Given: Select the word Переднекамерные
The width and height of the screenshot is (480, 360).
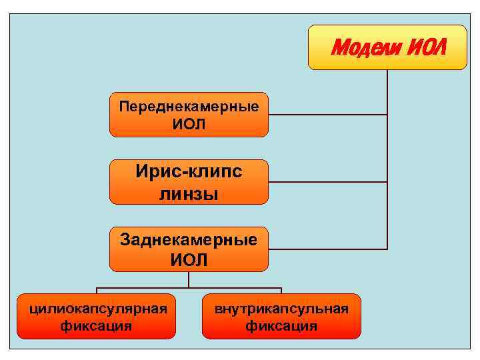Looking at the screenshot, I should [x=189, y=106].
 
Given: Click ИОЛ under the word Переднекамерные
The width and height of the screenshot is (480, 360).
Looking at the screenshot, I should [x=189, y=124].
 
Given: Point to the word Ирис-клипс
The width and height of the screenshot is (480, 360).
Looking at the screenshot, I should [x=189, y=172].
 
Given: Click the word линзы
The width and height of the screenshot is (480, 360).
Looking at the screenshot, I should [x=189, y=193].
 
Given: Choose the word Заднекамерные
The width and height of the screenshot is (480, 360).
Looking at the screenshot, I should [x=189, y=239].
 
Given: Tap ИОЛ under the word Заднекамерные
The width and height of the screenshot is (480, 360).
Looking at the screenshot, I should [x=189, y=259].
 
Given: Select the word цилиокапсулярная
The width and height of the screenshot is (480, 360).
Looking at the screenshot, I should [x=97, y=309].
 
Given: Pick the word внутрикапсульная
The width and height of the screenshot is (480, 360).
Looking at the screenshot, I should [x=281, y=309].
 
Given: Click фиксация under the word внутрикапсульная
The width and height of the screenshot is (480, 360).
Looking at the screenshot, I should [x=281, y=326].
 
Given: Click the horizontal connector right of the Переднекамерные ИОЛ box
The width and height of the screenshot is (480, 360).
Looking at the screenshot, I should [x=327, y=115].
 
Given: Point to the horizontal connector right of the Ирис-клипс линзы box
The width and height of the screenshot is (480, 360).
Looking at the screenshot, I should [x=327, y=182].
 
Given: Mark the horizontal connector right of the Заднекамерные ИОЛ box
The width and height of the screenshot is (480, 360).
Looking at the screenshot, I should [x=327, y=249].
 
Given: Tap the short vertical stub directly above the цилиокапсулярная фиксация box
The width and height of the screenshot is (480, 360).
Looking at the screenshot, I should [x=97, y=291].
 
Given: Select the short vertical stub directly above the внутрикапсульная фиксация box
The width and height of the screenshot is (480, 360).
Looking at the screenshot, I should [x=281, y=291].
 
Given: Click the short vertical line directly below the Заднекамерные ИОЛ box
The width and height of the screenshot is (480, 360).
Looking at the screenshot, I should [x=189, y=279].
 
